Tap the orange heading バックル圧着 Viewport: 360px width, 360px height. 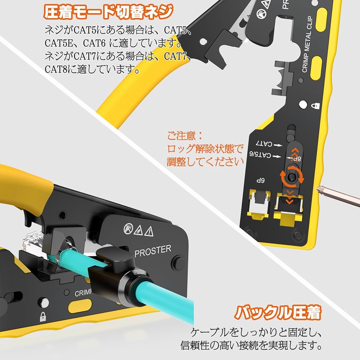tap(277, 312)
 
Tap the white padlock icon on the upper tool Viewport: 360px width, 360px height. tap(315, 106)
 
